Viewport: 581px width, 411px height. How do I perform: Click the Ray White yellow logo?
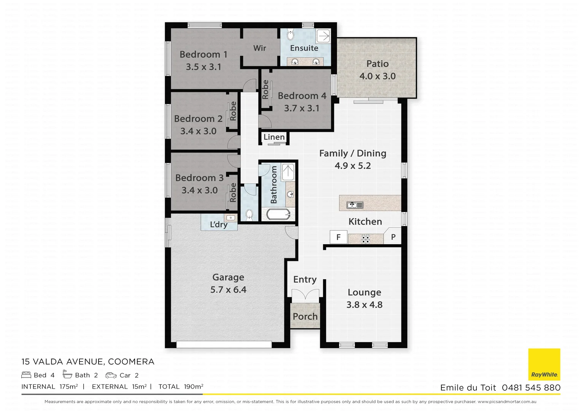point(544,364)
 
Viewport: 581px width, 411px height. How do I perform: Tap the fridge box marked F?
point(338,237)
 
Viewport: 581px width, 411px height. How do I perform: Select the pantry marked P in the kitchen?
point(393,237)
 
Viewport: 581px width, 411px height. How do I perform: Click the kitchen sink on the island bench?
point(355,205)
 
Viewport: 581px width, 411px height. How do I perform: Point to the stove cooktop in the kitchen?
point(365,239)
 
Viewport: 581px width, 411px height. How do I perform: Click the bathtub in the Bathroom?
point(278,214)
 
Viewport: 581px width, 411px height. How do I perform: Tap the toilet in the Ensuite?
point(290,35)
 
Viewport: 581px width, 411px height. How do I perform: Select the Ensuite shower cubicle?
point(324,36)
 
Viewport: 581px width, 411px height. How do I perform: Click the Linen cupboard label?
point(274,137)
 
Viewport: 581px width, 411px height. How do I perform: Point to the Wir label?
point(260,48)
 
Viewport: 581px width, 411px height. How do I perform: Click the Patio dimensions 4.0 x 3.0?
point(378,76)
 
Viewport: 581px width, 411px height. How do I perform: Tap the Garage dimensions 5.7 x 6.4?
point(228,290)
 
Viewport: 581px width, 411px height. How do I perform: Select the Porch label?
point(305,316)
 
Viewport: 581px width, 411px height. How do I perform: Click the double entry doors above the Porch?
point(305,294)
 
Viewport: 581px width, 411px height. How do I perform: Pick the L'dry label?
point(219,225)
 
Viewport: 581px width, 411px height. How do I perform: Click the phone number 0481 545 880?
point(531,387)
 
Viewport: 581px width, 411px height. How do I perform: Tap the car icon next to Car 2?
point(111,375)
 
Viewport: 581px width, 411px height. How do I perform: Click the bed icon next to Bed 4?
point(26,375)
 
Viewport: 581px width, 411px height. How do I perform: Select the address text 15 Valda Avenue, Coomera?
point(88,362)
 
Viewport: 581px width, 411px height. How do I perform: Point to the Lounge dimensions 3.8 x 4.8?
point(364,305)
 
